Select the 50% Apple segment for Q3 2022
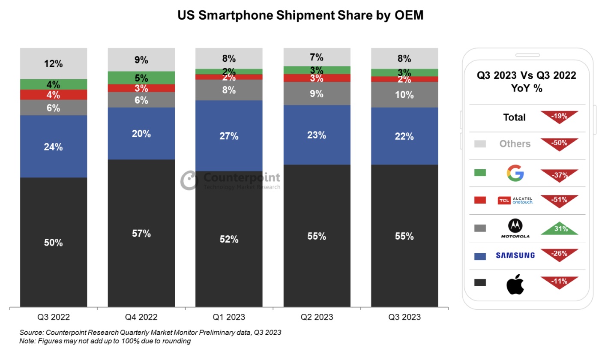[54, 242]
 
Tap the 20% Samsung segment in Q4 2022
[141, 133]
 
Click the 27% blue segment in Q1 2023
[229, 136]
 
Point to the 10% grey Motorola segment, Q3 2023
[404, 95]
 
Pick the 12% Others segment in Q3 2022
[54, 64]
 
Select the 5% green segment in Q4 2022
[141, 78]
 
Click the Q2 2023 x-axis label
[317, 317]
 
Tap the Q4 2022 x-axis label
[141, 317]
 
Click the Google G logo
[515, 173]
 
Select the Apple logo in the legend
[515, 284]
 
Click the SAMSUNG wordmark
[515, 255]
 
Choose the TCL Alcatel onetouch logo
[515, 200]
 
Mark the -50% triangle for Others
[559, 143]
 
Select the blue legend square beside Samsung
[480, 256]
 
